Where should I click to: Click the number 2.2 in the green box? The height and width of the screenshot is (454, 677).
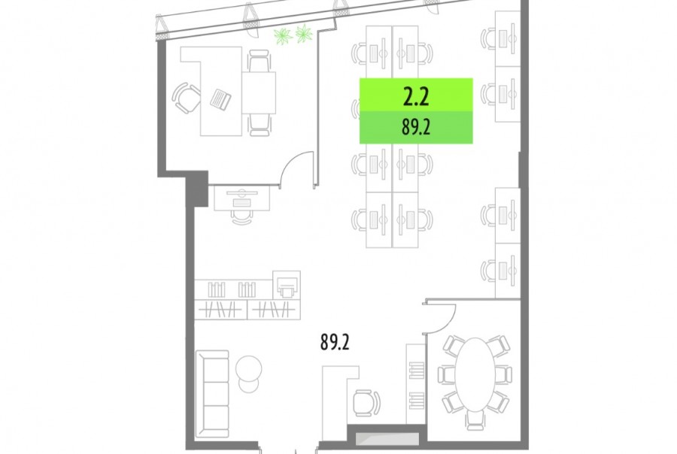[x=416, y=97]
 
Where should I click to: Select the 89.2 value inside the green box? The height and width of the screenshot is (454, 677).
[x=416, y=128]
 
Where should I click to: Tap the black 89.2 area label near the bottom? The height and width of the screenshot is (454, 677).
[x=335, y=342]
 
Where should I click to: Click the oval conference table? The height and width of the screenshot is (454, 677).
[x=475, y=374]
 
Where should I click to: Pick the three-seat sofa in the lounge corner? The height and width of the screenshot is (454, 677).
[x=212, y=394]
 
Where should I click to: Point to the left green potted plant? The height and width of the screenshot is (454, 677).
[x=284, y=36]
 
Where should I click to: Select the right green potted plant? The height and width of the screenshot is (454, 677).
[x=304, y=33]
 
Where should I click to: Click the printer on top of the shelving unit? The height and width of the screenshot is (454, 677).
[x=287, y=284]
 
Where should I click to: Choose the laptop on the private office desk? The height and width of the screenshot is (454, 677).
[x=220, y=98]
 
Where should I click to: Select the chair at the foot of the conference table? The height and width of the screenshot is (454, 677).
[x=475, y=420]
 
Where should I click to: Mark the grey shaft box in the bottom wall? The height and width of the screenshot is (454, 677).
[x=387, y=439]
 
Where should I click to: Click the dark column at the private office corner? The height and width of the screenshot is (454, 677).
[x=197, y=188]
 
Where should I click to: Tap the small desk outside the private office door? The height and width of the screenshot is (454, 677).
[x=241, y=198]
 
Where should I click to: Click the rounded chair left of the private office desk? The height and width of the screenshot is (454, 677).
[x=186, y=98]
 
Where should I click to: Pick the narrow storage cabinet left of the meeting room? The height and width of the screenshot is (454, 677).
[x=415, y=383]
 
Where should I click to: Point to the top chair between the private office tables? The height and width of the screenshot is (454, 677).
[x=259, y=60]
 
